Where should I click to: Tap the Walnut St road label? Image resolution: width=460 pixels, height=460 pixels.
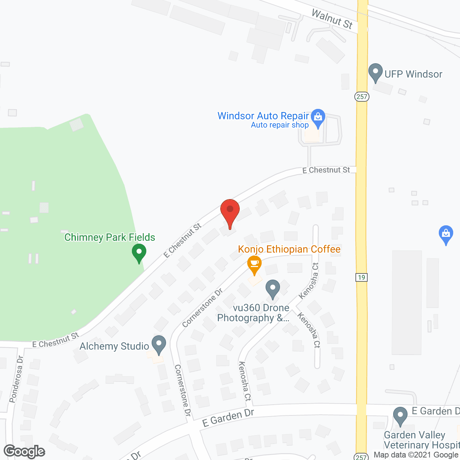[x=332, y=19]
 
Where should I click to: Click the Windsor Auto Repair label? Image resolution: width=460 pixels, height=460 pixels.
[x=263, y=116]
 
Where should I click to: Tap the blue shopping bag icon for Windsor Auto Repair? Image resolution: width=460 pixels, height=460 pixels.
[x=318, y=118]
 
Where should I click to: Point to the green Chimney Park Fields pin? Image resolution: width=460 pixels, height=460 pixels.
[x=139, y=252]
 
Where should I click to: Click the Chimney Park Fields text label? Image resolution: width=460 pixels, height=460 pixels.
[x=110, y=237]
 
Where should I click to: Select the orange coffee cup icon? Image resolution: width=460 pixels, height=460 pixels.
[x=254, y=264]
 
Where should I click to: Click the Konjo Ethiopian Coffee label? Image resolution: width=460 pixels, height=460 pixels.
[x=289, y=249]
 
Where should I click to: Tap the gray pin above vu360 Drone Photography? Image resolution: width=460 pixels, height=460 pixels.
[x=273, y=289]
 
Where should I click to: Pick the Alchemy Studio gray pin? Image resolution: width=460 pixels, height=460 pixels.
[x=158, y=344]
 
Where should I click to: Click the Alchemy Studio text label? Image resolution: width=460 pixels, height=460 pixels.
[x=114, y=346]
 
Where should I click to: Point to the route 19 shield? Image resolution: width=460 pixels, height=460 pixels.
[x=362, y=277]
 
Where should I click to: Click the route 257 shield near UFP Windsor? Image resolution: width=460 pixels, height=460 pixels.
[x=362, y=96]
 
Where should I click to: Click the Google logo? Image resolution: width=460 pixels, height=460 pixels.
[x=24, y=451]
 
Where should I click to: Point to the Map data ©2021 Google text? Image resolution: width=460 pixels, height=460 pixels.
[x=416, y=455]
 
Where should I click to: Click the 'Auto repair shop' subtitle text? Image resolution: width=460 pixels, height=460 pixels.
[x=280, y=125]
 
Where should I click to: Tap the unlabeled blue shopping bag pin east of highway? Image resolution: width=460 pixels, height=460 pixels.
[x=446, y=234]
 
